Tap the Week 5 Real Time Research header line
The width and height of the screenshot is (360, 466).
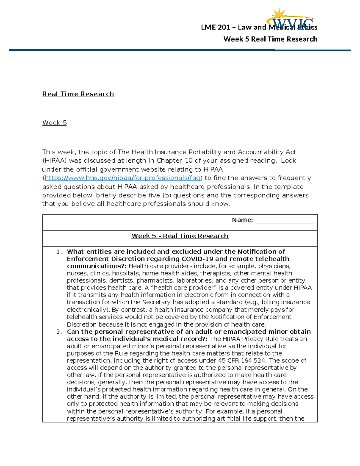270,39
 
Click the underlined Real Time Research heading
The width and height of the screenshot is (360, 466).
78,94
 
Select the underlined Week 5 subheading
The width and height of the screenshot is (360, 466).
54,123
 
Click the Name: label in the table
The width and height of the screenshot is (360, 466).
242,220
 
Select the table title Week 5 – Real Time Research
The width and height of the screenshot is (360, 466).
180,236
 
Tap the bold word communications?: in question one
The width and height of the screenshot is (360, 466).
97,266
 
